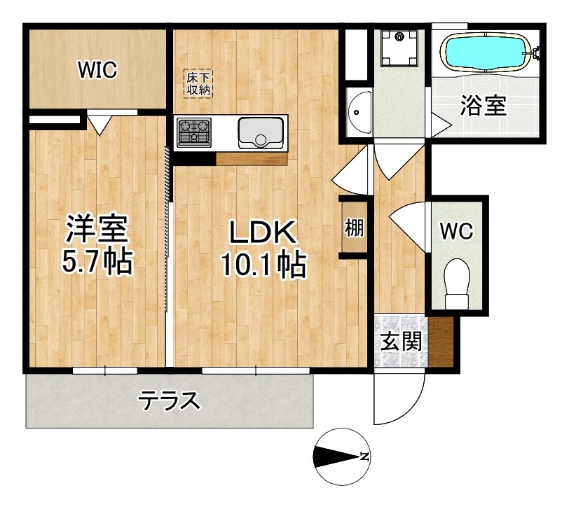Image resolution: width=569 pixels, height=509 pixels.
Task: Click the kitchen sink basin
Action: pos(260,132)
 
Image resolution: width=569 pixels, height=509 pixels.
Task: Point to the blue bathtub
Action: pos(485,51)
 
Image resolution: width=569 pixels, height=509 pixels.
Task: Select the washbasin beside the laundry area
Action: pos(358,112)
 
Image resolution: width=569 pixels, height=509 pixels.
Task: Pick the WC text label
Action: pos(457,230)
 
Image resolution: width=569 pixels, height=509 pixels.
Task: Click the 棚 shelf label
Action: pos(354,228)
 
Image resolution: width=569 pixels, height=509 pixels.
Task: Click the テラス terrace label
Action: pos(169,401)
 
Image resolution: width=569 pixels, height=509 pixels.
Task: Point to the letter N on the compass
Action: pos(364,456)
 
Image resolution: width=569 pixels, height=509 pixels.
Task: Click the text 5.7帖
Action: pos(97,262)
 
